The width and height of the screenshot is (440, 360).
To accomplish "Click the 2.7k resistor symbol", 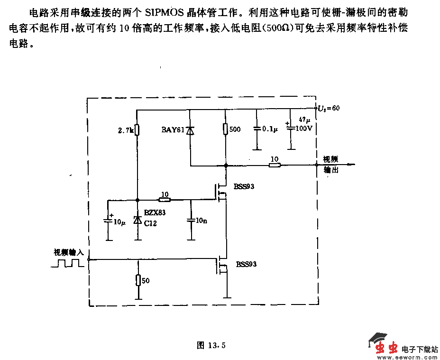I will tap(137, 129).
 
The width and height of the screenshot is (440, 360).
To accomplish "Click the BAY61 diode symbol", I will tap(190, 130).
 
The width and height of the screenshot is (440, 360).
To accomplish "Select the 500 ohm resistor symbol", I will tap(226, 129).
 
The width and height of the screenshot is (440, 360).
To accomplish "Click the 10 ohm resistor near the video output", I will tap(274, 165).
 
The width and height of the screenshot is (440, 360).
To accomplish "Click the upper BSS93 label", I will tap(244, 186).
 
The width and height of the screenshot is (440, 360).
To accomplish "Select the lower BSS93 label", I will tap(246, 264).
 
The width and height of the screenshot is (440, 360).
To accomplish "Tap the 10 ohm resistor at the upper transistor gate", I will tap(164, 200).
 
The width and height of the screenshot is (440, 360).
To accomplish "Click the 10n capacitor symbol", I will tap(191, 221).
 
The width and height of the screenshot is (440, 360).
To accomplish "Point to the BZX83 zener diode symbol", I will tap(137, 221).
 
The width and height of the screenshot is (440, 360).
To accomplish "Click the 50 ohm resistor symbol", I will tap(138, 280).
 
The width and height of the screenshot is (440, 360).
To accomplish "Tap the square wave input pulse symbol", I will tap(67, 263).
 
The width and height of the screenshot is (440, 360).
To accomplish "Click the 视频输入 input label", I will tap(68, 252).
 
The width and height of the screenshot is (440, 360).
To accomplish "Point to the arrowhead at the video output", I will tap(351, 165).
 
